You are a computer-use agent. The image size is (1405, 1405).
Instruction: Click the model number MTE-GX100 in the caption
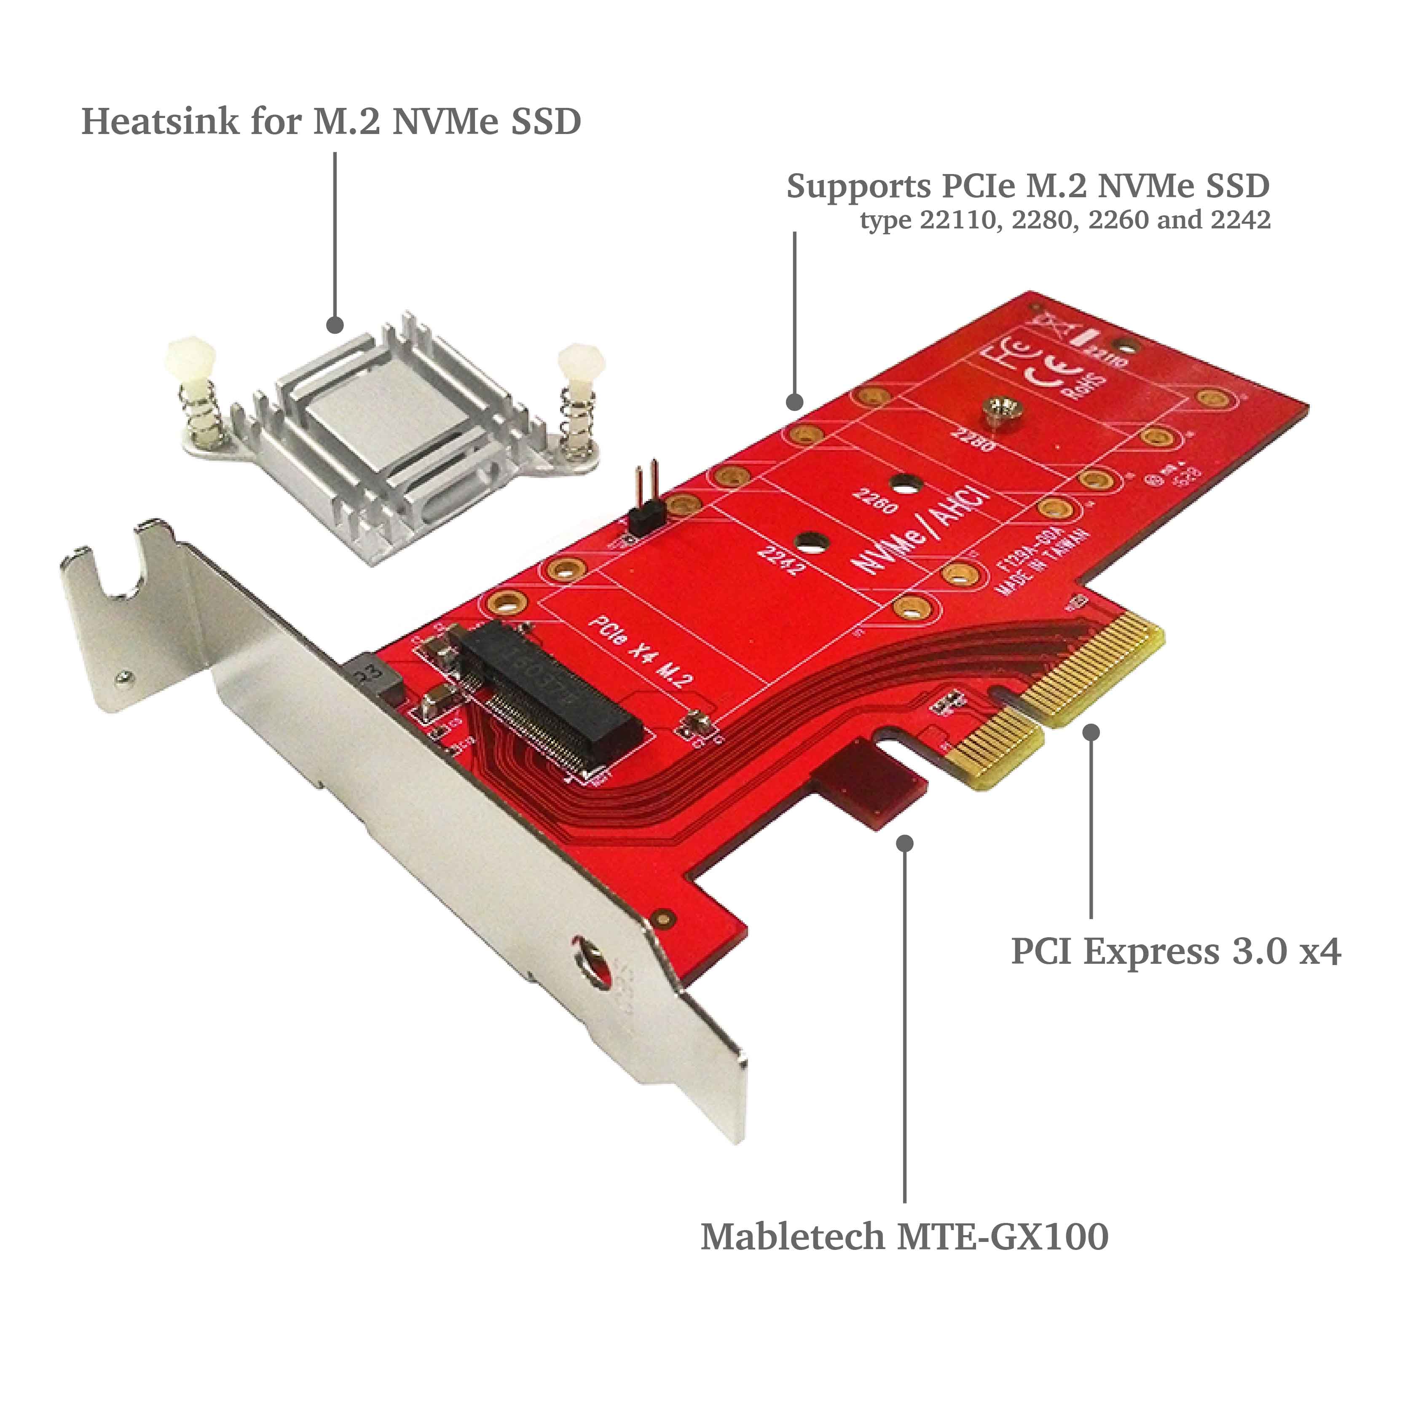click(1003, 1236)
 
